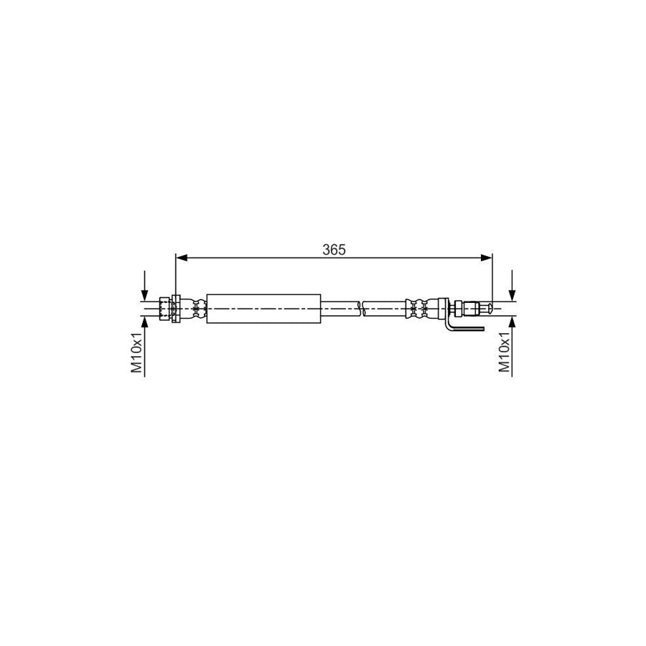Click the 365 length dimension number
click(334, 249)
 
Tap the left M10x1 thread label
click(136, 352)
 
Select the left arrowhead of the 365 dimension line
click(182, 257)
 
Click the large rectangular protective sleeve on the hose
click(263, 309)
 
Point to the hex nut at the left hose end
click(167, 309)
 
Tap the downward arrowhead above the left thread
click(145, 294)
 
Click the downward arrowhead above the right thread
click(512, 294)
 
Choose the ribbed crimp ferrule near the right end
click(421, 309)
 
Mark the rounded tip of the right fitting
click(488, 309)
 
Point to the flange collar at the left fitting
click(175, 309)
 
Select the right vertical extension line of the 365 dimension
click(492, 280)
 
